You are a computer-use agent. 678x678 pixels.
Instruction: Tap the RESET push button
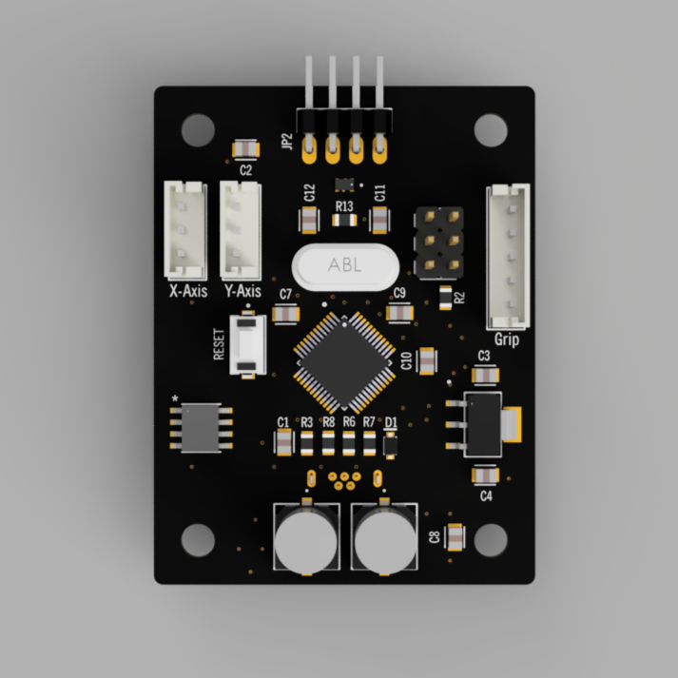[249, 346]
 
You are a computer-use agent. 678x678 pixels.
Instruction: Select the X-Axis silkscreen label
[187, 291]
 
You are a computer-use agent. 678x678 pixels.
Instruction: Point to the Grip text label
[507, 339]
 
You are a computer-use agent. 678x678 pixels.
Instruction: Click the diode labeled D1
[389, 442]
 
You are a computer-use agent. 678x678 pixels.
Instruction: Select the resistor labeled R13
[344, 220]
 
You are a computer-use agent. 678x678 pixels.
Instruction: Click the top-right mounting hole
[490, 128]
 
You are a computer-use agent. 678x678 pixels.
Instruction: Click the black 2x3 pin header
[437, 245]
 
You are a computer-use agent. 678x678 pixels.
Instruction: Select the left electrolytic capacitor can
[306, 538]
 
